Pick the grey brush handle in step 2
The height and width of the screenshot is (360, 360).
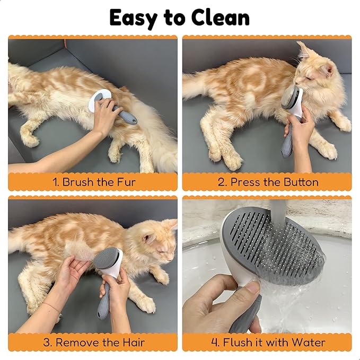pyautogui.click(x=287, y=143)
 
